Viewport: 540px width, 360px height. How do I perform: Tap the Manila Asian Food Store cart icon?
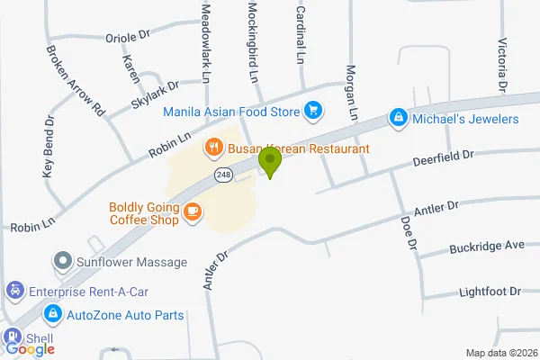click(313, 111)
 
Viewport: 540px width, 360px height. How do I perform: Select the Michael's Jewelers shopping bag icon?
click(397, 118)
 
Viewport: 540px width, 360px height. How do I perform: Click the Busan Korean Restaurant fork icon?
click(213, 147)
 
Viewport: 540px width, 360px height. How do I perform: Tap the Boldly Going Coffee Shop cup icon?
click(192, 211)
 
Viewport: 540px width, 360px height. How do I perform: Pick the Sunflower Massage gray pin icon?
click(63, 262)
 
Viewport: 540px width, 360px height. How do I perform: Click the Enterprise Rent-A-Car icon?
click(14, 291)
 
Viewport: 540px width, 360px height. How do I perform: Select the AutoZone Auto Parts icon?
click(54, 315)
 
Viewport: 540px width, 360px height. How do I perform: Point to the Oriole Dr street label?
click(127, 37)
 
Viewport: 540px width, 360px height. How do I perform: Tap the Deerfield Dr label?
click(443, 157)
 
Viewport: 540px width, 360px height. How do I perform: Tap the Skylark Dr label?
click(155, 94)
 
